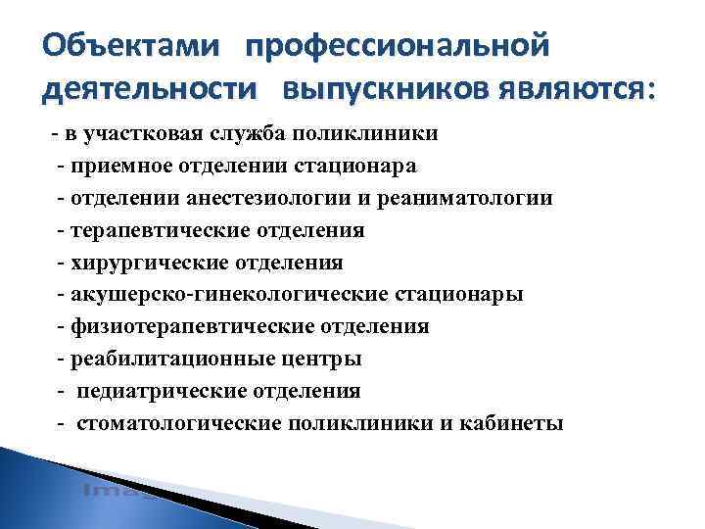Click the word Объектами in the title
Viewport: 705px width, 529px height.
136,46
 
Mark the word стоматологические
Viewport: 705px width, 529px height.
180,423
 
